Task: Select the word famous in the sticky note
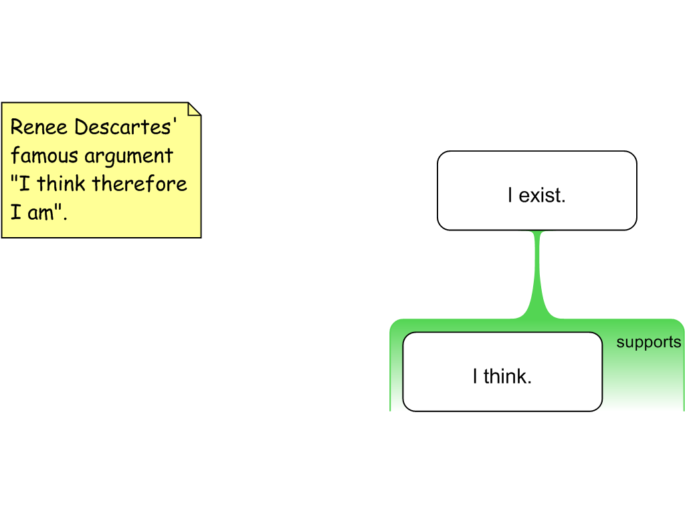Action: tap(41, 156)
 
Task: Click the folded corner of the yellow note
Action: tap(194, 110)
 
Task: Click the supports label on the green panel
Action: tap(648, 343)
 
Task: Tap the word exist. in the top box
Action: tap(543, 196)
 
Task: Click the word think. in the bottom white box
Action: tap(507, 376)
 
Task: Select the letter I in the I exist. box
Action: tap(510, 196)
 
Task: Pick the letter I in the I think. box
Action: tap(475, 376)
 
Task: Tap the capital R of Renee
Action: tap(17, 127)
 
